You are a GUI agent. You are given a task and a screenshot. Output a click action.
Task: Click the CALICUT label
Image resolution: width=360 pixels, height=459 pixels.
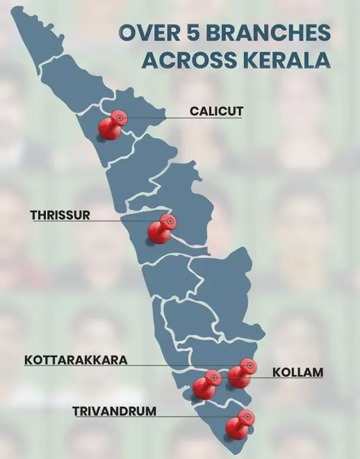216,111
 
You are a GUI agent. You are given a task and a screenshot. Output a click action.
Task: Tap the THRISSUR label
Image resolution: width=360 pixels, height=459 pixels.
60,215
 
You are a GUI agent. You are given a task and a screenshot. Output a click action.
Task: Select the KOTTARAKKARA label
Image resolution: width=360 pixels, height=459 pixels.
76,360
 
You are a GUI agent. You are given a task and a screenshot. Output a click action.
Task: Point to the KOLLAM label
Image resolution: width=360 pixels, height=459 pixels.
297,372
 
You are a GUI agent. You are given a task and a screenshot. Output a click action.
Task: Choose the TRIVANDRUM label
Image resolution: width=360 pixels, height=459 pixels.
114,411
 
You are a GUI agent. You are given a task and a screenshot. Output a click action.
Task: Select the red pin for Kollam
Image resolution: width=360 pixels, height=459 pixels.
240,373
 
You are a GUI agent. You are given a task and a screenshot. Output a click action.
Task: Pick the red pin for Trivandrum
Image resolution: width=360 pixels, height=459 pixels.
238,425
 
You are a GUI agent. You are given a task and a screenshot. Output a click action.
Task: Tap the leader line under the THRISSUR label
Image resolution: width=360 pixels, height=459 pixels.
83,222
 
